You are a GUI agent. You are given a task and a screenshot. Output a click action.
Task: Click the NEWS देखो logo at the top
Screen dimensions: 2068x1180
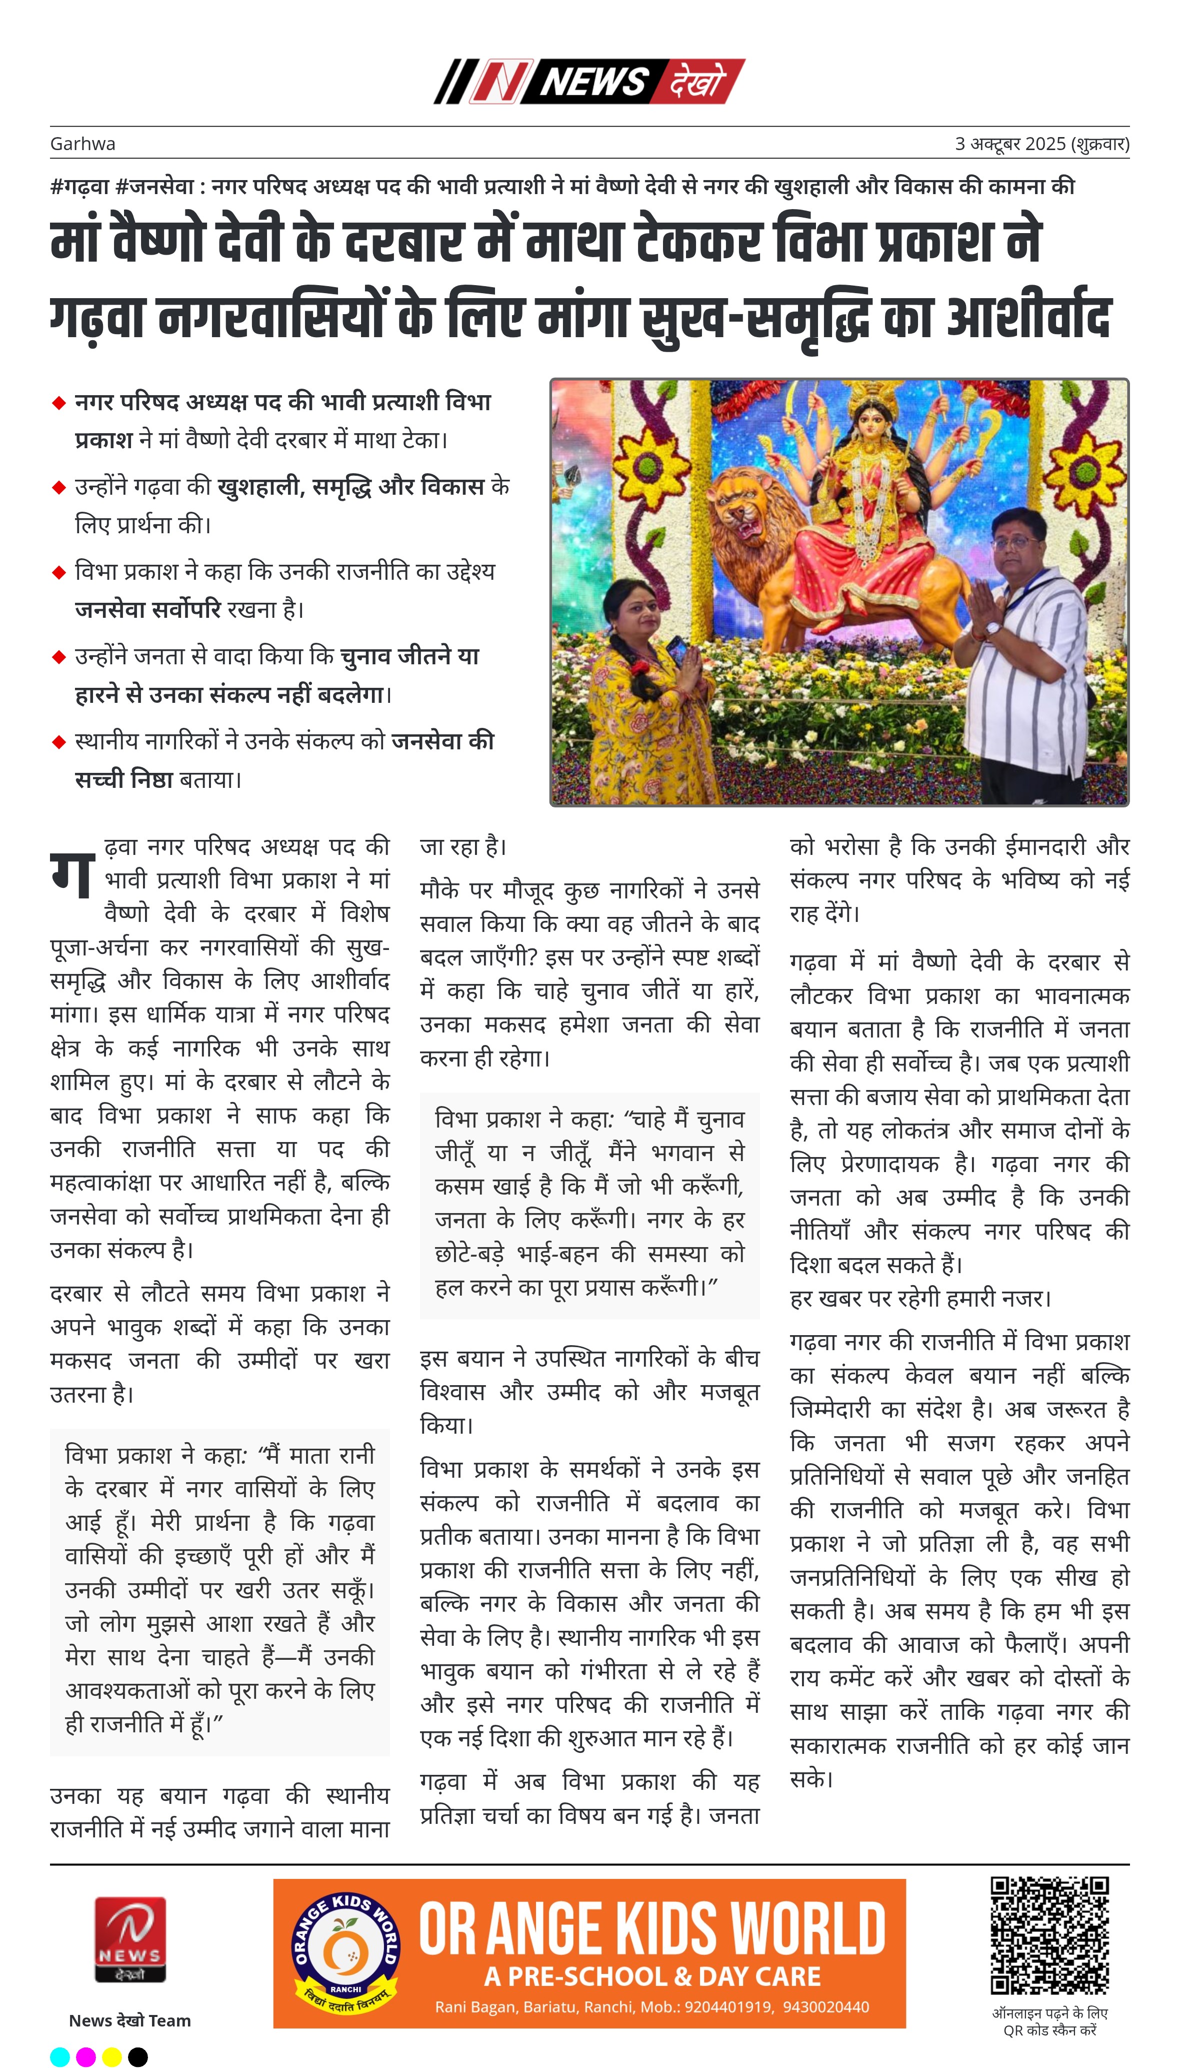[589, 81]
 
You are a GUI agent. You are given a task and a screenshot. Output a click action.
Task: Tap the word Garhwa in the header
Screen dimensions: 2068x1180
[82, 144]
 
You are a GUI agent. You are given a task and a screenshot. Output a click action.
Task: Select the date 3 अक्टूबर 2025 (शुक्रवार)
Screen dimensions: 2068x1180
[1041, 144]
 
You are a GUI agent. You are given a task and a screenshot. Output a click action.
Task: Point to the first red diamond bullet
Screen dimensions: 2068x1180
[58, 403]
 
